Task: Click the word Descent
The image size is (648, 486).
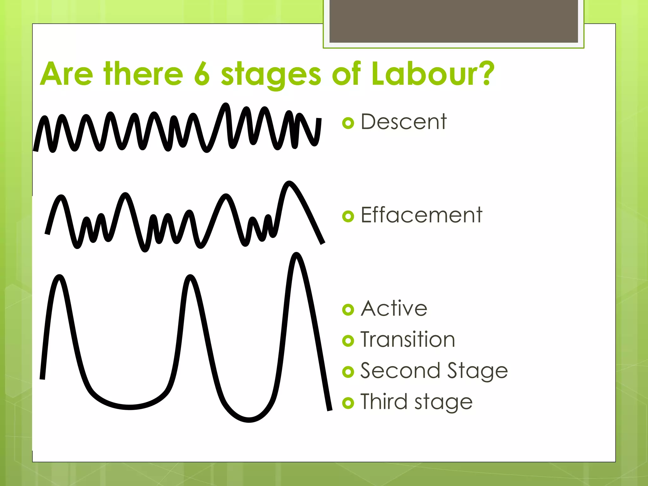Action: [x=404, y=122]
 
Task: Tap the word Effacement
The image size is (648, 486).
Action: [x=421, y=215]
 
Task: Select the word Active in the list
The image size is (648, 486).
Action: [x=394, y=308]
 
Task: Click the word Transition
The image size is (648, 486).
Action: [x=408, y=340]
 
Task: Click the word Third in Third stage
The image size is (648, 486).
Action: [x=384, y=402]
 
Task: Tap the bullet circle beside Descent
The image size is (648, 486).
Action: [x=348, y=123]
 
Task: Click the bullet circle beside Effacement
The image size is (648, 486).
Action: [x=348, y=216]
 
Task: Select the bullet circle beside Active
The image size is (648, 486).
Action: [x=348, y=310]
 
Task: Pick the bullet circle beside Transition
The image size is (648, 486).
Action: [x=348, y=341]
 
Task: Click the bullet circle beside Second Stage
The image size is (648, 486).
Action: [x=348, y=372]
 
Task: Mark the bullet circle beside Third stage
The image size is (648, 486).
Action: [x=348, y=403]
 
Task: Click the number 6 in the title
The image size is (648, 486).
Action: [x=202, y=74]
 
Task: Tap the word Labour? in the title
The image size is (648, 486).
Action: [x=433, y=74]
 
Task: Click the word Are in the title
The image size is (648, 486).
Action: [x=66, y=74]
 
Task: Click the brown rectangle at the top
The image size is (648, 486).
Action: [x=454, y=21]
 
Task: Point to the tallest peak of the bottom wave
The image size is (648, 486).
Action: [x=296, y=254]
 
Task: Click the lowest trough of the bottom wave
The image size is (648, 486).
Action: [x=249, y=420]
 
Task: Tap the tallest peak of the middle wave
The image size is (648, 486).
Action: [x=289, y=183]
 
